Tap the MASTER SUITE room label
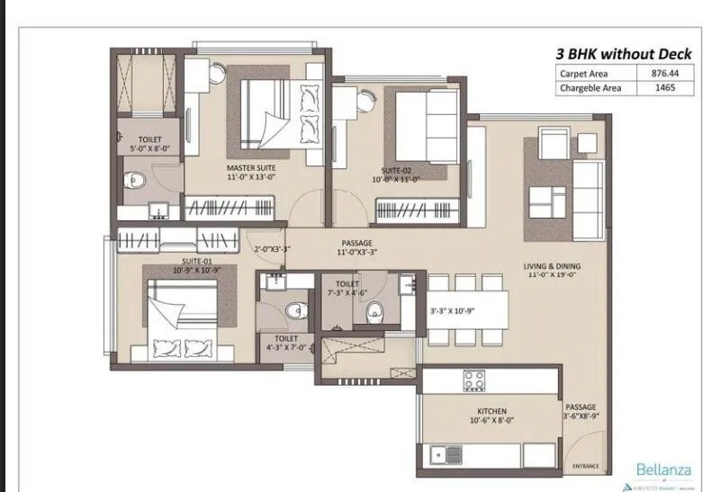(251, 168)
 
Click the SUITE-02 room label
(396, 170)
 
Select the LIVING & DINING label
(553, 266)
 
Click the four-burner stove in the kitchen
(474, 380)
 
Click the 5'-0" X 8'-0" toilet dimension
(149, 149)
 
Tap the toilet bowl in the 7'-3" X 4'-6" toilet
(375, 312)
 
